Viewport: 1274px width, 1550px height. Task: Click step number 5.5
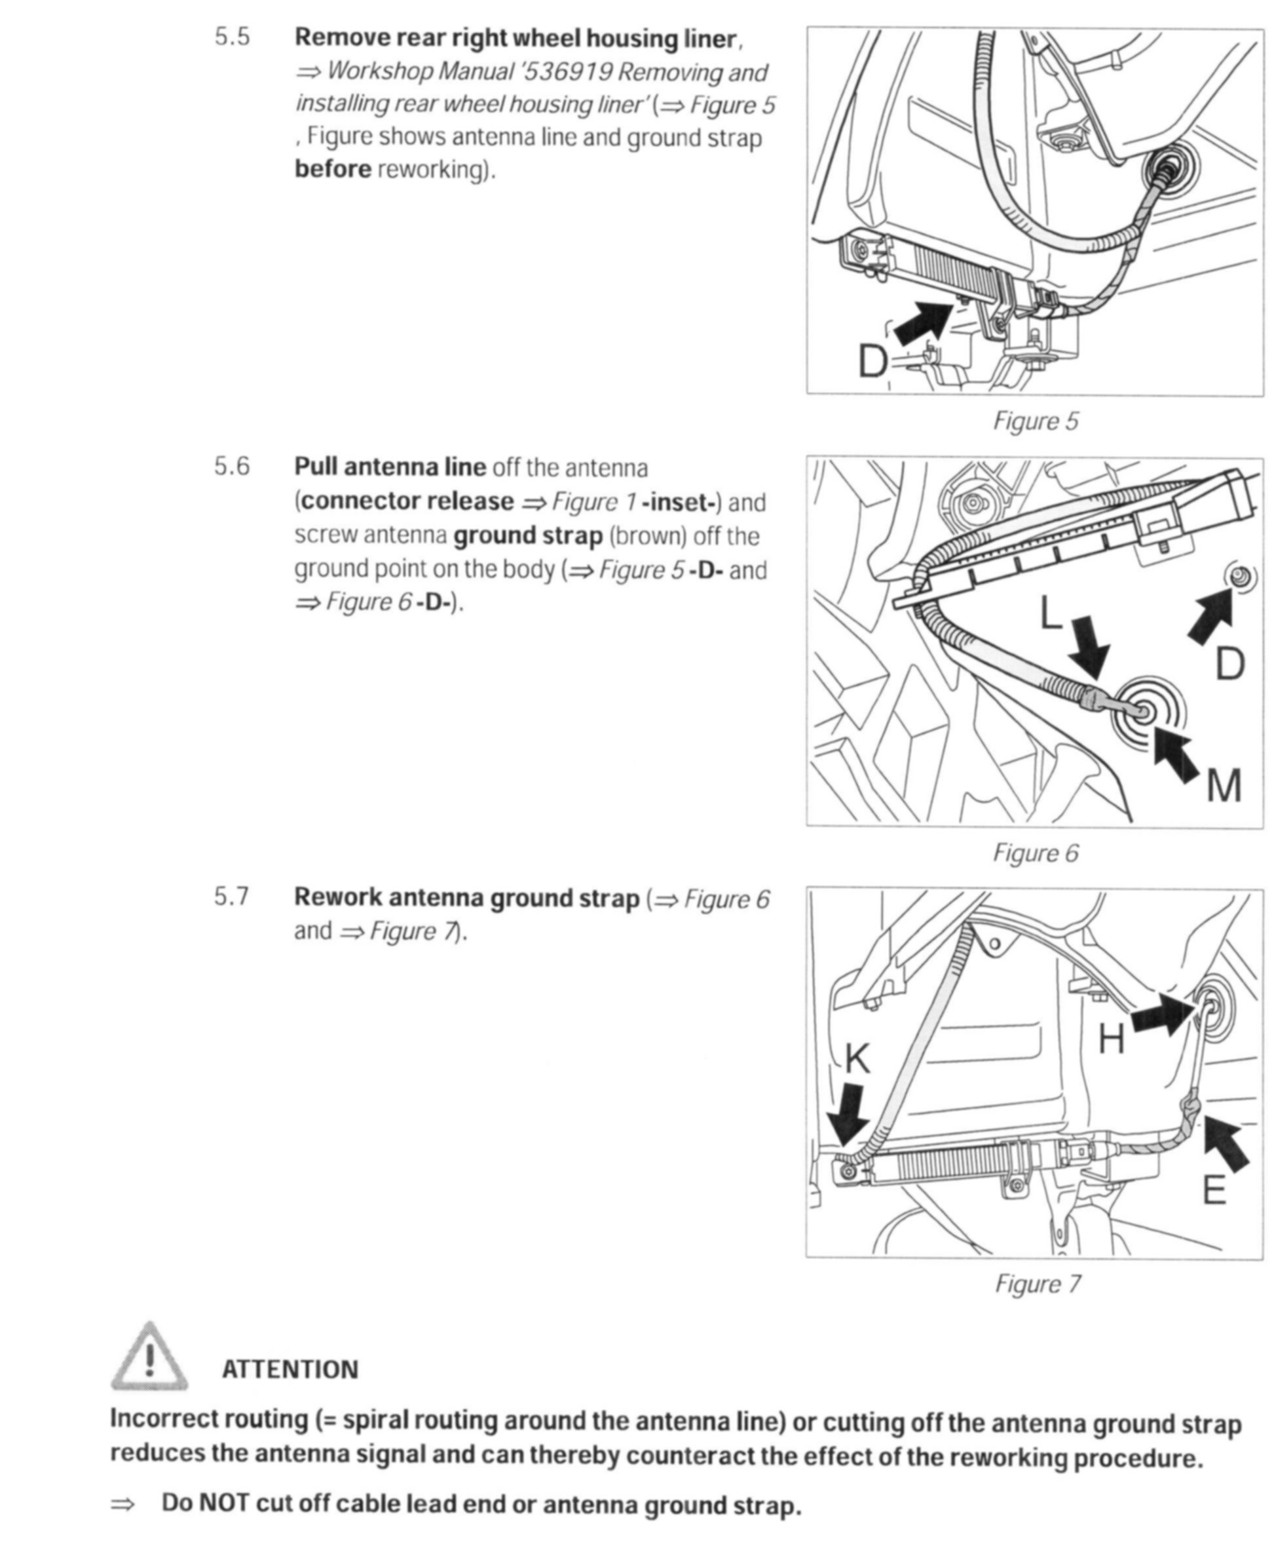232,37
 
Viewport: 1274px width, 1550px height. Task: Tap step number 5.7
232,897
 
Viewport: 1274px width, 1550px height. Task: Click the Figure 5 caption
1036,421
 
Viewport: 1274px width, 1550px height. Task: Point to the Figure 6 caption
1036,853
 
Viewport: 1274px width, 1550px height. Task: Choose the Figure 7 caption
1037,1283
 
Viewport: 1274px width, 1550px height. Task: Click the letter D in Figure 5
873,361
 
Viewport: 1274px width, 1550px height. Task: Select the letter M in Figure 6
1224,786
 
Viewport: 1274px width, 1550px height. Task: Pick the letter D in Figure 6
1229,664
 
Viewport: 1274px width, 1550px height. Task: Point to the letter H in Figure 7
1111,1039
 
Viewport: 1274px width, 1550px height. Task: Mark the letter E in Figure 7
1214,1190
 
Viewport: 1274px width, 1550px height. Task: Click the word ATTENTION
290,1370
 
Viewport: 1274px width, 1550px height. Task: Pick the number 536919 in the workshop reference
569,72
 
